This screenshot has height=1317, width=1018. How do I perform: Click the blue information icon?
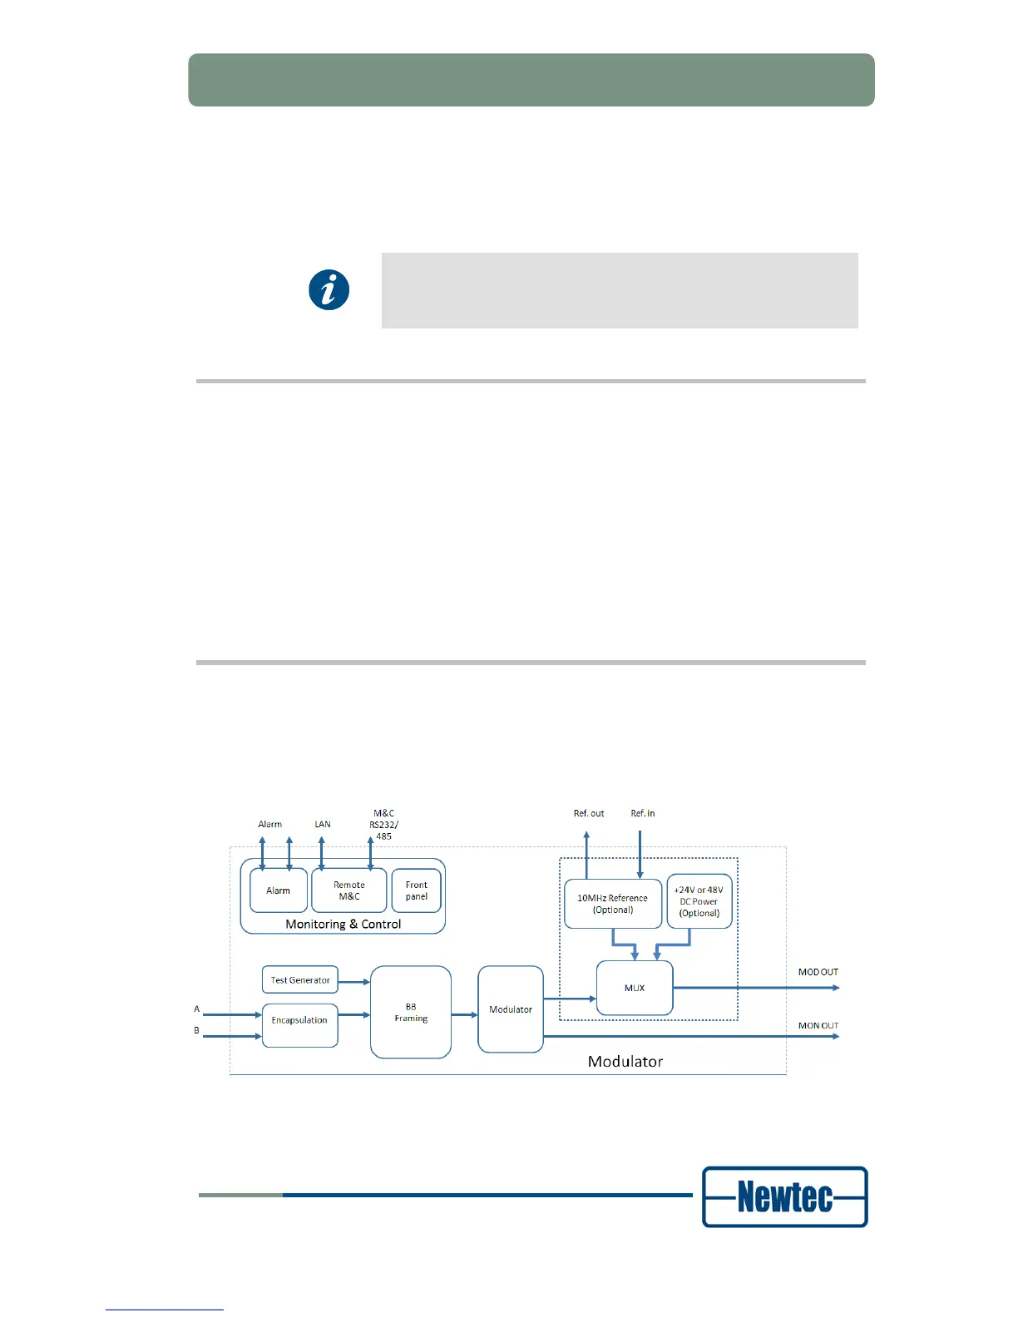tap(329, 290)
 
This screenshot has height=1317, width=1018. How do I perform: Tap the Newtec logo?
tap(784, 1196)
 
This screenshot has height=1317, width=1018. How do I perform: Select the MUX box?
tap(635, 988)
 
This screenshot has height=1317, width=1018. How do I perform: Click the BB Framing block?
tap(411, 1012)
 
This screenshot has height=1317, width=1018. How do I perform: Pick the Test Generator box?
tap(300, 980)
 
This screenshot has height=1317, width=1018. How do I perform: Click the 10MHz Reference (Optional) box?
tap(613, 904)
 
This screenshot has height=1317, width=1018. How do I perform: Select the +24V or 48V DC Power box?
tap(699, 901)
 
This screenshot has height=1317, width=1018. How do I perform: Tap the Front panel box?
tap(417, 890)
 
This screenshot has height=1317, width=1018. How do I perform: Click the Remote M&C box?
tap(349, 890)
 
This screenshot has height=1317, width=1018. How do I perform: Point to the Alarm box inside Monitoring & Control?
tap(279, 890)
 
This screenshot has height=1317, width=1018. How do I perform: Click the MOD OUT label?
tap(818, 972)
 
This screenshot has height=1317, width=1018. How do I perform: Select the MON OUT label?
tap(818, 1026)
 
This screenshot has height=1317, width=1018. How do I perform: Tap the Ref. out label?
tap(589, 813)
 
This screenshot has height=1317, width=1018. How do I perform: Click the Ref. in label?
tap(643, 813)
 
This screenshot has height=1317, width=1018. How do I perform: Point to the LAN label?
tap(323, 824)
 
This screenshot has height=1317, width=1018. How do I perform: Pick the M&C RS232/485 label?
tap(384, 825)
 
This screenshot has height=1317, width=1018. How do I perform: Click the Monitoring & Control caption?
tap(343, 924)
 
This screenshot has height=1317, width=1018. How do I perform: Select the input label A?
tap(197, 1009)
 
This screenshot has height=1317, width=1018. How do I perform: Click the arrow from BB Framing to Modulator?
tap(464, 1015)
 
